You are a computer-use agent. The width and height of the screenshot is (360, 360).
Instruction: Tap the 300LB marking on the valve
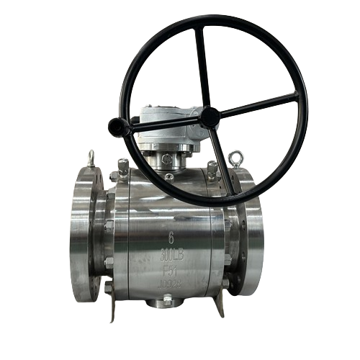click(x=171, y=254)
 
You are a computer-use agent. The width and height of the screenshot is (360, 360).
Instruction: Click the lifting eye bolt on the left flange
click(x=91, y=158)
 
